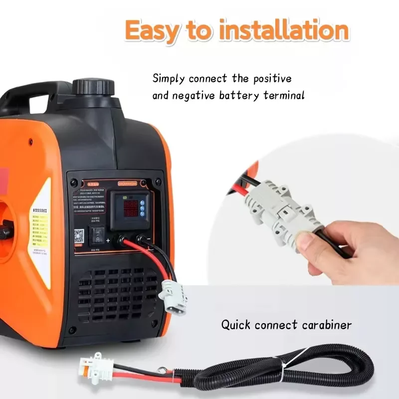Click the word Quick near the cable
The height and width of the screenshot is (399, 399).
[236, 325]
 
